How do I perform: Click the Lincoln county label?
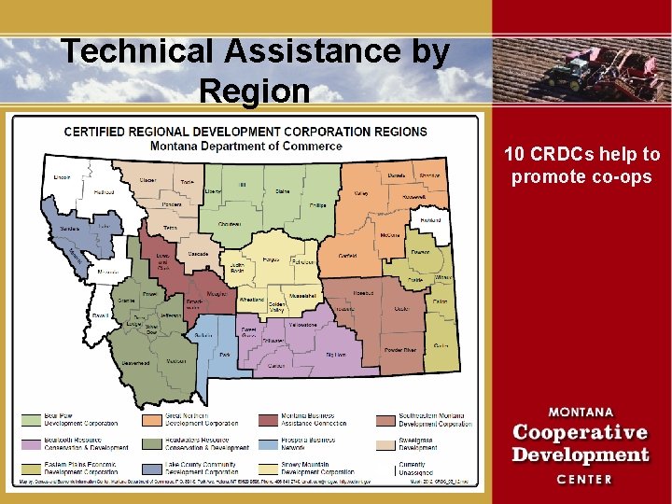pos(63,176)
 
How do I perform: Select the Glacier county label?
pos(147,181)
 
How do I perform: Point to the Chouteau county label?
pos(230,224)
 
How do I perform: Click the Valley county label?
pos(361,194)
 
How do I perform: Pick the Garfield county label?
pos(348,255)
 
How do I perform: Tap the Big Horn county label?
pos(334,355)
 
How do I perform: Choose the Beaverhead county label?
pos(134,362)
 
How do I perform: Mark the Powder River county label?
pos(400,350)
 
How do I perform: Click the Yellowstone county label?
pos(304,326)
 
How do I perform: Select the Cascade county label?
pos(199,253)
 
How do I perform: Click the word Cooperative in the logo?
pos(580,433)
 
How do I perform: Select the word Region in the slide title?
pos(254,91)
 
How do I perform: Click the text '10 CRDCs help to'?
pos(581,154)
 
